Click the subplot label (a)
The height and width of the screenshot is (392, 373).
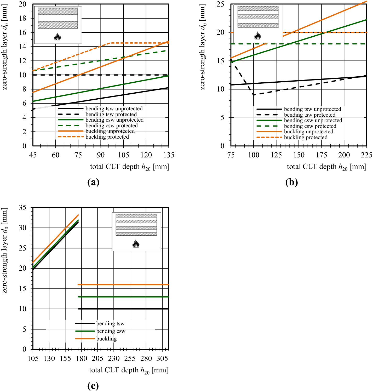[x=93, y=182]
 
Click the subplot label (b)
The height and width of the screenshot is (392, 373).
[x=291, y=182]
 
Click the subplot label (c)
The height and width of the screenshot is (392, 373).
[x=93, y=386]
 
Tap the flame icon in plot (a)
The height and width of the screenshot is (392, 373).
[x=58, y=37]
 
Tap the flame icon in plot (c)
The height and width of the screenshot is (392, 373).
[x=136, y=244]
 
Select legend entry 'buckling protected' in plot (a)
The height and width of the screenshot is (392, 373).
[x=107, y=137]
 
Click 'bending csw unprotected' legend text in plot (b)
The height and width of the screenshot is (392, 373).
[x=313, y=121]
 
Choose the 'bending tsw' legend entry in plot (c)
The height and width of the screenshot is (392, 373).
[x=110, y=324]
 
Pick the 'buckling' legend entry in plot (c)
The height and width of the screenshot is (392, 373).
[x=106, y=339]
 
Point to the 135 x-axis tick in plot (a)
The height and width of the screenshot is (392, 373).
[x=169, y=155]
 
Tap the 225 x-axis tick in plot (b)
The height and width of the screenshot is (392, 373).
[x=366, y=155]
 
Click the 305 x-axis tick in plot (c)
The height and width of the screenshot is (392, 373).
[x=162, y=359]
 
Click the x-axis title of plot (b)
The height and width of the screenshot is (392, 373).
[x=327, y=167]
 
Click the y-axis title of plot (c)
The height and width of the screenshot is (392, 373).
[x=4, y=251]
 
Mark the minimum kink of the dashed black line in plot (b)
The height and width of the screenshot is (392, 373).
[x=253, y=95]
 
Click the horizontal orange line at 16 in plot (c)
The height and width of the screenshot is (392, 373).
[x=123, y=285]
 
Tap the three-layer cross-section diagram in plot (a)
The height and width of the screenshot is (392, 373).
[x=58, y=18]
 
